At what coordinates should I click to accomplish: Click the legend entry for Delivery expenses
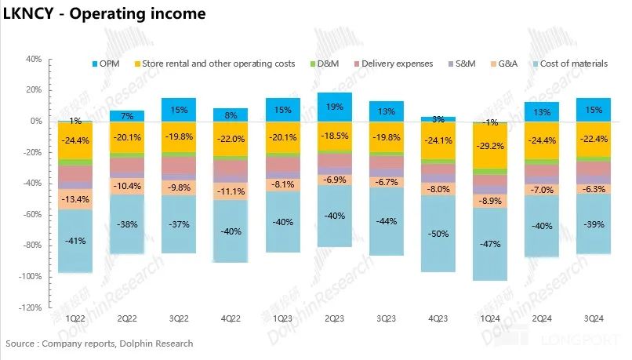396,64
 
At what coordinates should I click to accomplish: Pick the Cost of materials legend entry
573,64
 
